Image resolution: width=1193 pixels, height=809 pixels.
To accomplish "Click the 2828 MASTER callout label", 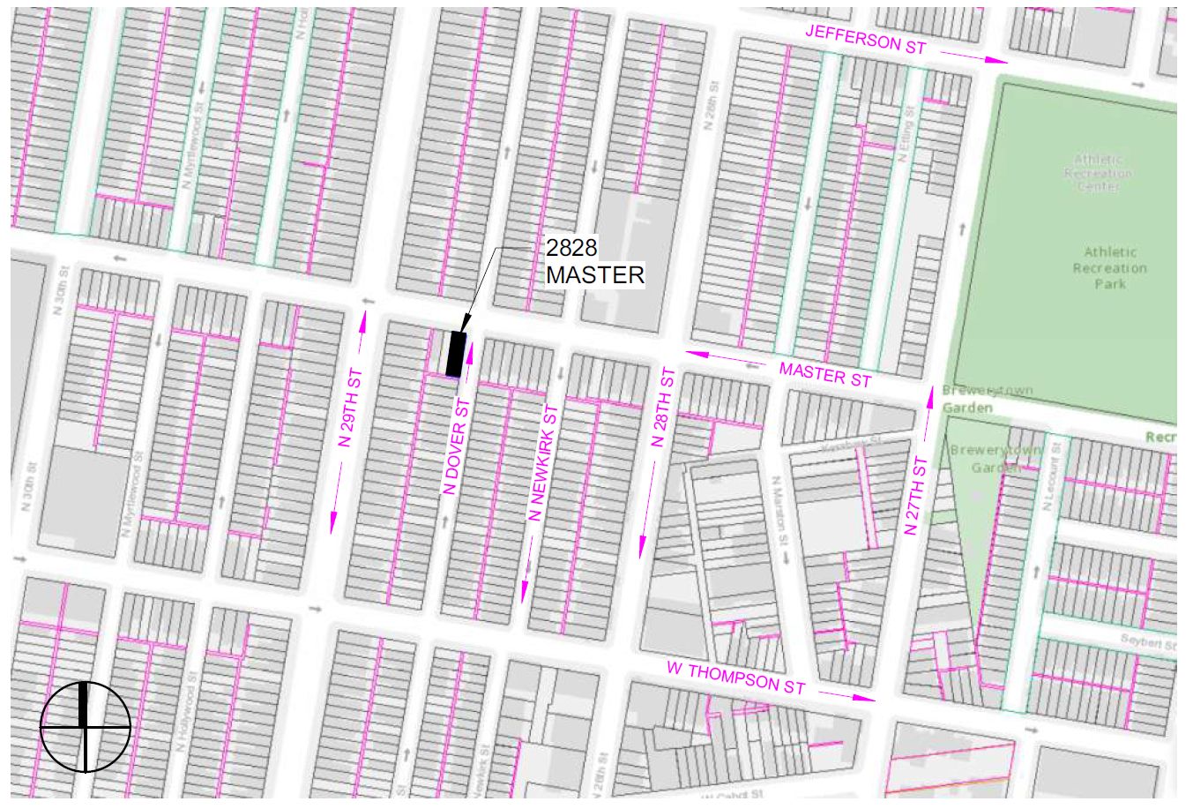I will click(x=594, y=262).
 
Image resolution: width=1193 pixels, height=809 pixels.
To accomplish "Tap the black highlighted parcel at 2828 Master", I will click(x=455, y=353).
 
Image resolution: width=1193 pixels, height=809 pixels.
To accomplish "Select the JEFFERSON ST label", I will click(x=865, y=40).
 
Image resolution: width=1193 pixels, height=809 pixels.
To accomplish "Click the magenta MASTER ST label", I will click(x=824, y=374).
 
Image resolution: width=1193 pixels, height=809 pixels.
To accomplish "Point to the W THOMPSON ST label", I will click(x=735, y=678).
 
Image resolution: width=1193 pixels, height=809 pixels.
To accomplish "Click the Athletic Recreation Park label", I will click(x=1109, y=268).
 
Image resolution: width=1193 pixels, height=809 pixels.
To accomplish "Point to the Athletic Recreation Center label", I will click(x=1098, y=173).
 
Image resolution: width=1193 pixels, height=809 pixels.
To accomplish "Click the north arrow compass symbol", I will click(x=86, y=726).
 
